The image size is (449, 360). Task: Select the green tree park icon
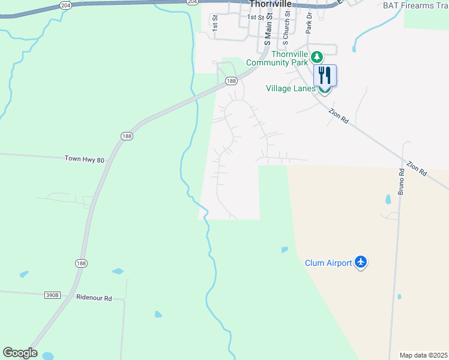point(316,58)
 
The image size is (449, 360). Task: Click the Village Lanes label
point(291,88)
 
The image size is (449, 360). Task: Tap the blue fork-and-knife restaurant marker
point(325,76)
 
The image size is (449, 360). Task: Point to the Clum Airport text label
point(328,263)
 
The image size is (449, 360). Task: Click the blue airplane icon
point(360,262)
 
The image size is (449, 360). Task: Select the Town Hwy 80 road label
point(85,160)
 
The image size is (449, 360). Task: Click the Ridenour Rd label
point(94,298)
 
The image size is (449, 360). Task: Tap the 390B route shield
point(52,295)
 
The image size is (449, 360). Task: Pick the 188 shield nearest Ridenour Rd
point(82,263)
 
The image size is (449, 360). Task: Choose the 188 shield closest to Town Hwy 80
point(125,136)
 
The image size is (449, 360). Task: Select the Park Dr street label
point(309,23)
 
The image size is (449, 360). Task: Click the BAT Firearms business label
point(415,5)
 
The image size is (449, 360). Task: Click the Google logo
point(20,353)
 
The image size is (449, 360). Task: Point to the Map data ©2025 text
point(423,355)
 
